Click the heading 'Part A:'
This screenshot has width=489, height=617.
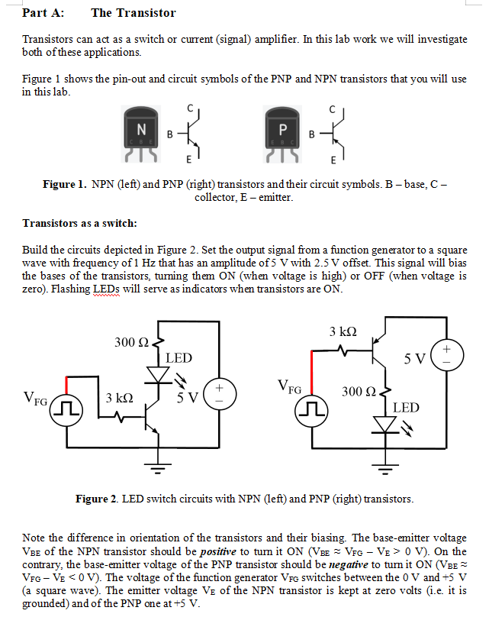(43, 13)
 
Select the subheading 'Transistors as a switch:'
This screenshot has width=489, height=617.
(79, 223)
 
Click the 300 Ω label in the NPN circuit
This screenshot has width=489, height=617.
(130, 342)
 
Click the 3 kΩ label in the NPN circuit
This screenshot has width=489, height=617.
(120, 398)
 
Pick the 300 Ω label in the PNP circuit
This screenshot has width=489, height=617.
(358, 392)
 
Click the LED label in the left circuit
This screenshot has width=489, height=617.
(179, 357)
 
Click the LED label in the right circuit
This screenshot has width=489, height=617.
(406, 408)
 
